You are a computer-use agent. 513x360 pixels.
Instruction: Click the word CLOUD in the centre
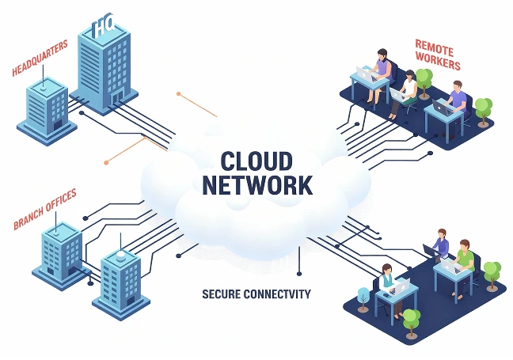click(x=256, y=160)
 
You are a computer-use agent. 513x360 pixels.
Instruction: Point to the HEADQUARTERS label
click(x=40, y=59)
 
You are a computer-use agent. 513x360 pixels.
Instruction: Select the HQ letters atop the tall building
click(x=104, y=28)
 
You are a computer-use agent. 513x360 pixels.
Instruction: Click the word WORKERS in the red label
click(x=435, y=59)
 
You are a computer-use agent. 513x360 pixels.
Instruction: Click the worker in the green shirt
click(x=465, y=258)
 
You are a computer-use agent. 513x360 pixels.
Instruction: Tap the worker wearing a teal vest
click(x=387, y=279)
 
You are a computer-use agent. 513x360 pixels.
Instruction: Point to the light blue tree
click(x=363, y=296)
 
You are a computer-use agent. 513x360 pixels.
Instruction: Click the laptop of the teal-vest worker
click(x=400, y=284)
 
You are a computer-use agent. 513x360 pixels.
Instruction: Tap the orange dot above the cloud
click(x=179, y=94)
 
